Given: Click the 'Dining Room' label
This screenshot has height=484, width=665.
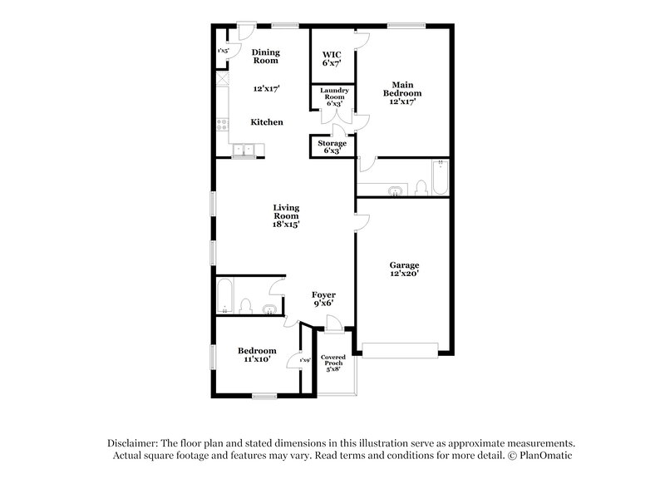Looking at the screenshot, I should click(x=266, y=57).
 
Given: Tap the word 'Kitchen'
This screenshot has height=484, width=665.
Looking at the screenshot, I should click(x=267, y=122).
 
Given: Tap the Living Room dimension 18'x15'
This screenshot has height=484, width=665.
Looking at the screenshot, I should click(x=287, y=224).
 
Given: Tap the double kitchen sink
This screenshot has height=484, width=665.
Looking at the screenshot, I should click(x=244, y=150).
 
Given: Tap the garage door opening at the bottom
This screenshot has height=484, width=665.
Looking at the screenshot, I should click(x=399, y=350).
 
